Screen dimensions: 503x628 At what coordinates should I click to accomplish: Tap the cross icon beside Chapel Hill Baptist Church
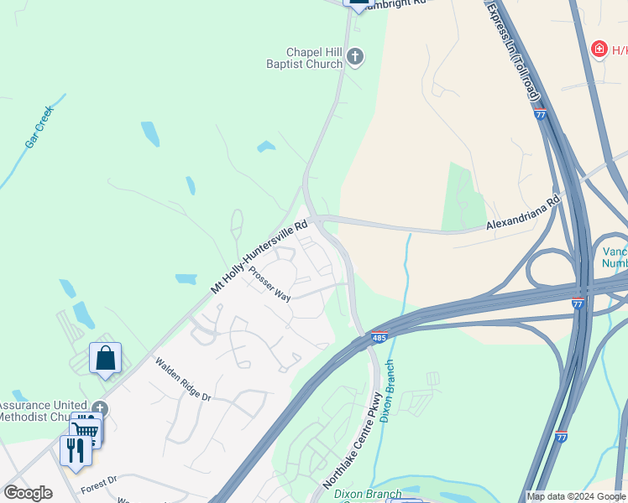tap(355, 57)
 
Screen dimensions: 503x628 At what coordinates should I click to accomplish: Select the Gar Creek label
tap(39, 127)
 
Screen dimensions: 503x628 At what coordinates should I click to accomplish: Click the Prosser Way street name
tap(269, 285)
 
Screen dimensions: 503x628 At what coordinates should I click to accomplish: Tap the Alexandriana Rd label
tap(522, 215)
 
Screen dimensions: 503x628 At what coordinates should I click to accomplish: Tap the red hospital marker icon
tap(599, 49)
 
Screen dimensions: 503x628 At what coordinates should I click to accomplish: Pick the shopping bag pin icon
tap(106, 358)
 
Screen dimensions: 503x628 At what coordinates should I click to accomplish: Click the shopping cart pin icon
tap(86, 431)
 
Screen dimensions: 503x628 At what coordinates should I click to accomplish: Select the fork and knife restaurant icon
tap(76, 449)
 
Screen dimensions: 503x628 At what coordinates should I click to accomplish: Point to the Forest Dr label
tap(98, 484)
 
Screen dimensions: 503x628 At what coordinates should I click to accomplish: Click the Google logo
tap(28, 493)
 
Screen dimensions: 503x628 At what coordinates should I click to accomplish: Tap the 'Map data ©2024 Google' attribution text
tap(576, 496)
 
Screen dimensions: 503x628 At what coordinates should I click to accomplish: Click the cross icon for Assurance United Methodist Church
tap(101, 408)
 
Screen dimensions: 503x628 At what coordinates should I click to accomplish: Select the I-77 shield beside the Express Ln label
tap(540, 114)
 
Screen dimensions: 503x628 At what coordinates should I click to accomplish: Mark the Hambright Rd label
tap(400, 3)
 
